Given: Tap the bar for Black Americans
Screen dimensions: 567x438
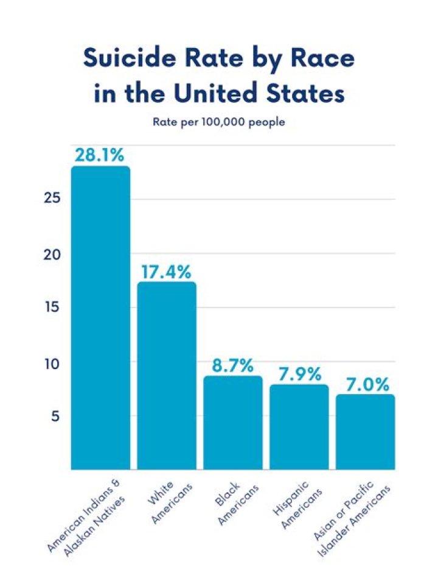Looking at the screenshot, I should [232, 423].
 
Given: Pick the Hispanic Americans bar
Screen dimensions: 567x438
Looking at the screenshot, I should [299, 427].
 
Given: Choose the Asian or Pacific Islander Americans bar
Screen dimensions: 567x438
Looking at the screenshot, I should [365, 432].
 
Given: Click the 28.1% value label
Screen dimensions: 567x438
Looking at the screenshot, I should [100, 155].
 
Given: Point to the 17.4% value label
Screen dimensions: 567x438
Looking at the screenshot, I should [167, 271].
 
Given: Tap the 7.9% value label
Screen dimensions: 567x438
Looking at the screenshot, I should [299, 374].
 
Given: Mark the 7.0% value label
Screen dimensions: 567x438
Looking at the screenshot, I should [365, 384].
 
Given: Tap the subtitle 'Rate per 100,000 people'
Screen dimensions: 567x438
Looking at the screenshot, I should [218, 122].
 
